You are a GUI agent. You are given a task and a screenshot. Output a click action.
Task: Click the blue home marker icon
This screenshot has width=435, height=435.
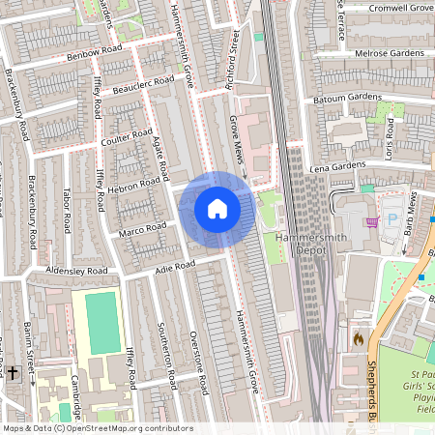[x=217, y=209]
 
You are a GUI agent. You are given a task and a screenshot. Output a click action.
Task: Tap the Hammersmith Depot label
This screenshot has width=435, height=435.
[x=308, y=245]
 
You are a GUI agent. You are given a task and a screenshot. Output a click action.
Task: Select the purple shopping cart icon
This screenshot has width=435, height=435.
[x=372, y=221]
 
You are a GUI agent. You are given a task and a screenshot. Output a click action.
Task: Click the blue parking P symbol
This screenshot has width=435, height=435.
[x=392, y=219]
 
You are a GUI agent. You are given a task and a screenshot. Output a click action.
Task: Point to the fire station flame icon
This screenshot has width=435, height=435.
[x=359, y=339]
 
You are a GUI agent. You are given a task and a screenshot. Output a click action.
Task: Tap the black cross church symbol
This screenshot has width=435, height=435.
[x=13, y=371]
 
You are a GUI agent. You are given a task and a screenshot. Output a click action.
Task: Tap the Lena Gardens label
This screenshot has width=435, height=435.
[x=337, y=166]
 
